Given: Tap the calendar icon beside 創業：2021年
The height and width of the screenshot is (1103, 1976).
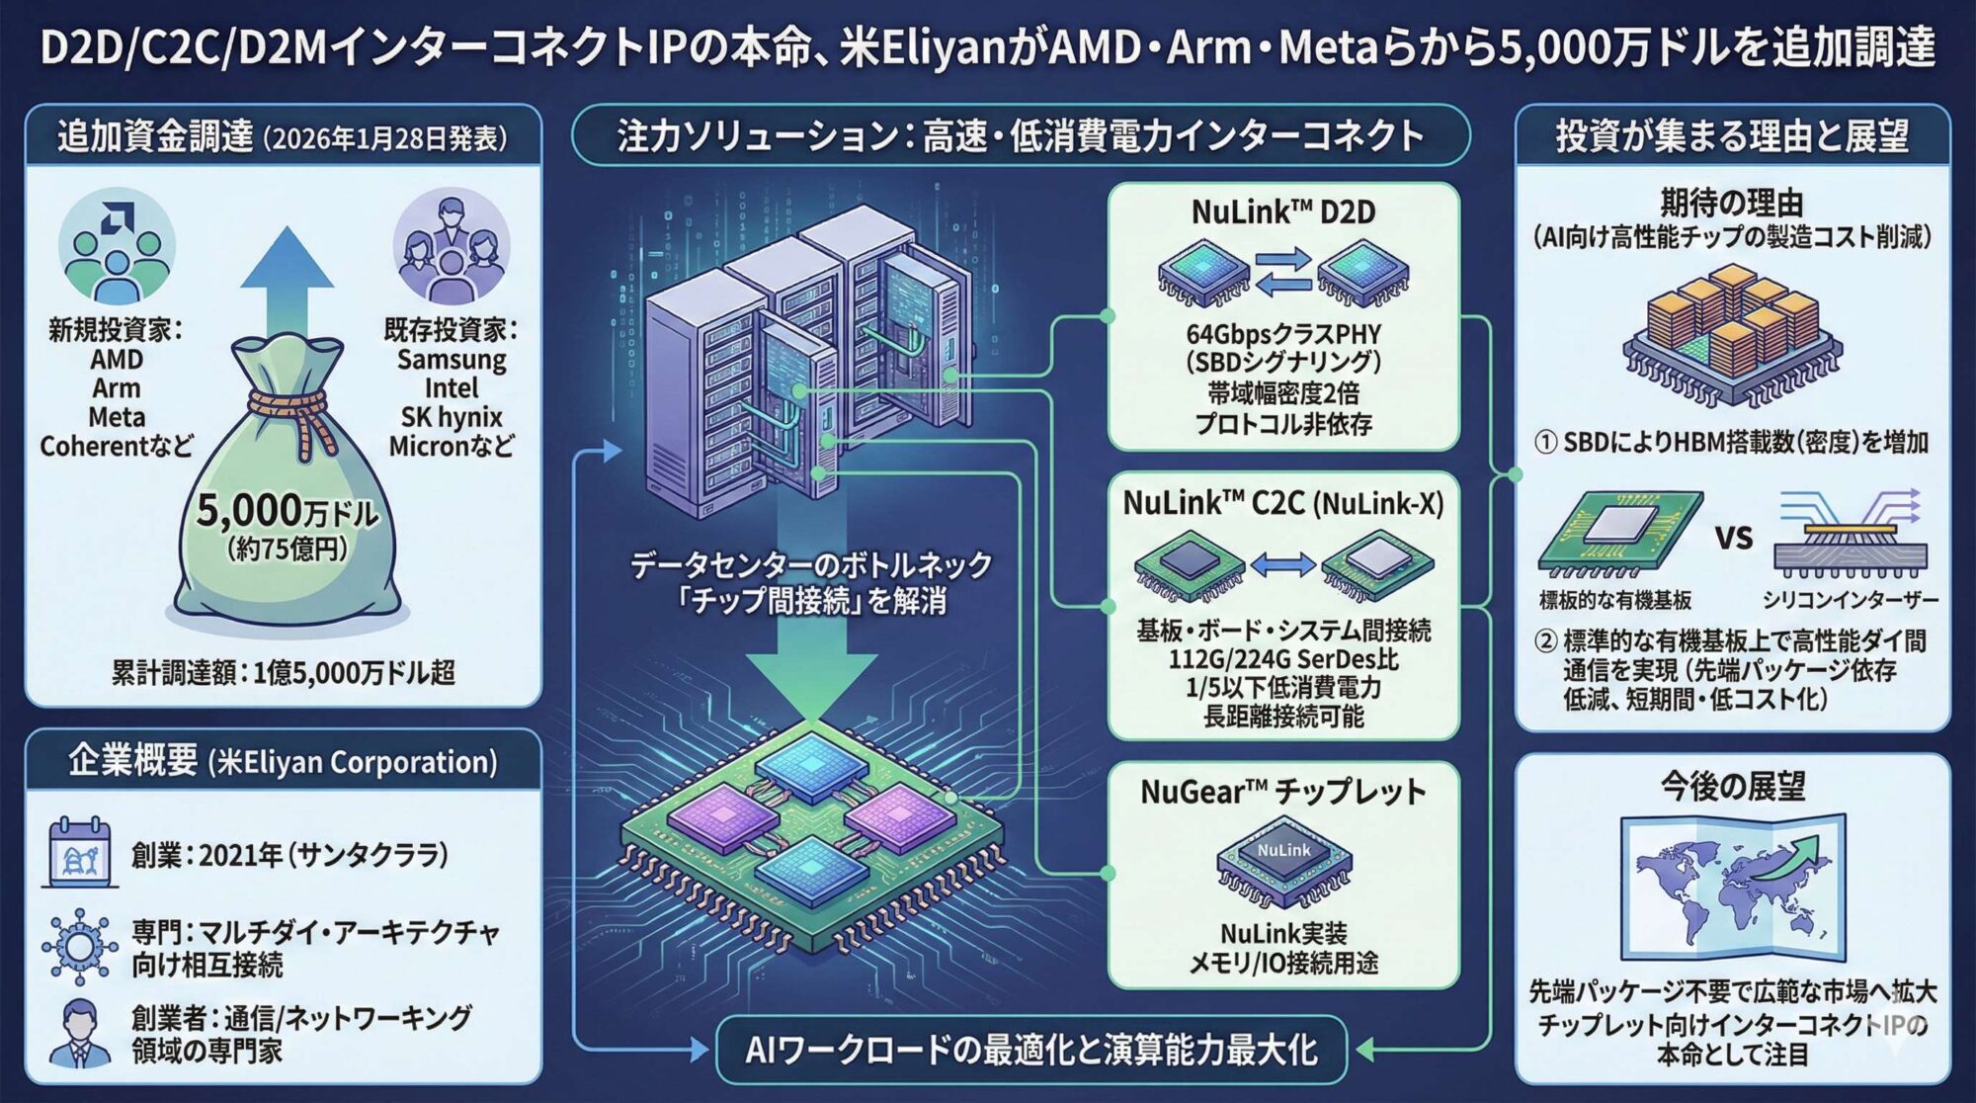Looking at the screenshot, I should click(x=80, y=852).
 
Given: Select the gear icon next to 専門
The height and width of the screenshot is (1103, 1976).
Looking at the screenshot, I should click(x=79, y=947).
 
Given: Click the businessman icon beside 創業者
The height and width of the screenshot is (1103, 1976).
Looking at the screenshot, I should click(x=79, y=1033).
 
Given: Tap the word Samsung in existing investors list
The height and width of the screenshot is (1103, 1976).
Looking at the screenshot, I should click(x=452, y=359).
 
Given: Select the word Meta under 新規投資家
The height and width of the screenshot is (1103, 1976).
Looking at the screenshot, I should click(x=117, y=417).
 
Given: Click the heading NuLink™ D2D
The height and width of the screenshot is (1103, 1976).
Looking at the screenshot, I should click(x=1282, y=212).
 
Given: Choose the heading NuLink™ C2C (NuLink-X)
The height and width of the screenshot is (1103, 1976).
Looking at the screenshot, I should click(x=1282, y=503).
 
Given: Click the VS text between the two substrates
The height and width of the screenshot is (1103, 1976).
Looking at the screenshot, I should click(x=1734, y=538).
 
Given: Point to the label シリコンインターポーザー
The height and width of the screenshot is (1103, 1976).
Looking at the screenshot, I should click(x=1850, y=600).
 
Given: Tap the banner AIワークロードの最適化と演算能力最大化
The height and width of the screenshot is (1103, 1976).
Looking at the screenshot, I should click(x=1030, y=1050).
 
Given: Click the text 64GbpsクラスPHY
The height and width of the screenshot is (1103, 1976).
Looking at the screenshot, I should click(x=1282, y=334).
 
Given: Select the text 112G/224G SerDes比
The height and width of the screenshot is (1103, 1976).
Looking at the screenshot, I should click(x=1282, y=658).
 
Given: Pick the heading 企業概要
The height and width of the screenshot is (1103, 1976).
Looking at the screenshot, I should click(x=132, y=760).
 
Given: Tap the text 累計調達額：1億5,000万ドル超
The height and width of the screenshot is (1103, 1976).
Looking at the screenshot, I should click(x=283, y=673).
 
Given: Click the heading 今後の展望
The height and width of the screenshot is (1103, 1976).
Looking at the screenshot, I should click(x=1732, y=787).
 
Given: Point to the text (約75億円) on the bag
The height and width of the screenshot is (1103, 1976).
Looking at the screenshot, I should click(x=287, y=549).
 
